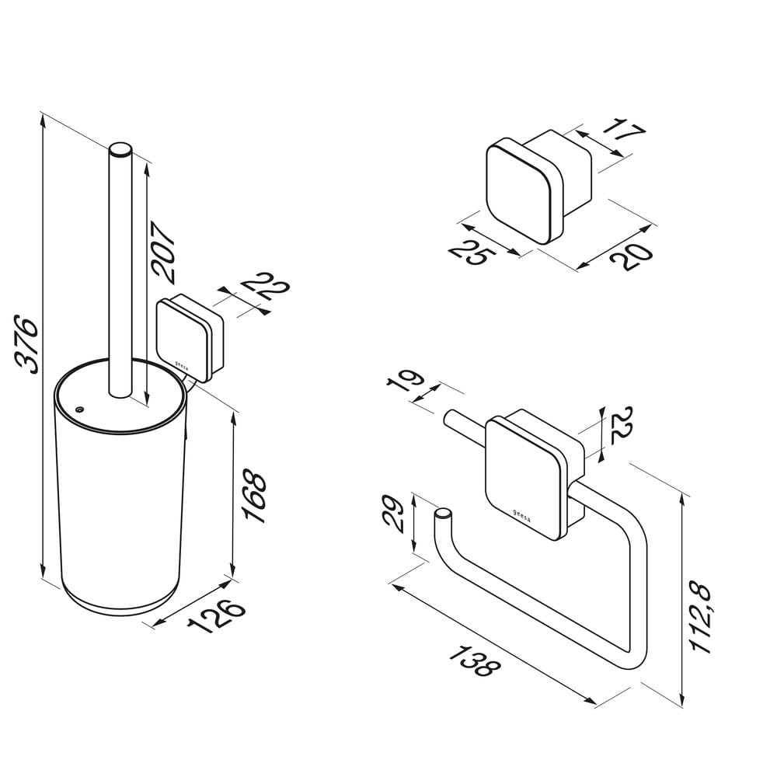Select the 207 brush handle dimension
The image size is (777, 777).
pyautogui.click(x=163, y=253)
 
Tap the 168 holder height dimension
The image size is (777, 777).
pyautogui.click(x=255, y=496)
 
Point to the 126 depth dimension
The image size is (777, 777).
pyautogui.click(x=217, y=616)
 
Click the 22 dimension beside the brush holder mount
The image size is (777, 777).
pyautogui.click(x=266, y=285)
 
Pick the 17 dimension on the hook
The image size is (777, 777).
pyautogui.click(x=623, y=130)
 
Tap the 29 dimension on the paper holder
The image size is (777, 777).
pyautogui.click(x=394, y=514)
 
